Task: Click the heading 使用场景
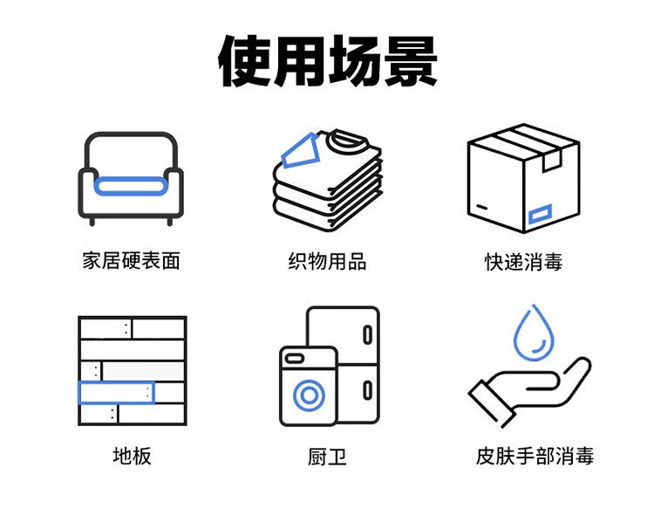(x=327, y=61)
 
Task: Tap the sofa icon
(x=131, y=179)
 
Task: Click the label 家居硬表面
(x=131, y=260)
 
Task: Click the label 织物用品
(x=327, y=260)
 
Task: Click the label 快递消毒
(x=523, y=260)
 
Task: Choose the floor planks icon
(x=131, y=370)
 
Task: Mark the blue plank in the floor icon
(x=116, y=392)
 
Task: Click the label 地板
(x=131, y=456)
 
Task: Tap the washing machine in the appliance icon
(x=308, y=385)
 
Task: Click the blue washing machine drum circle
(x=308, y=396)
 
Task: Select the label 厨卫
(x=327, y=456)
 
